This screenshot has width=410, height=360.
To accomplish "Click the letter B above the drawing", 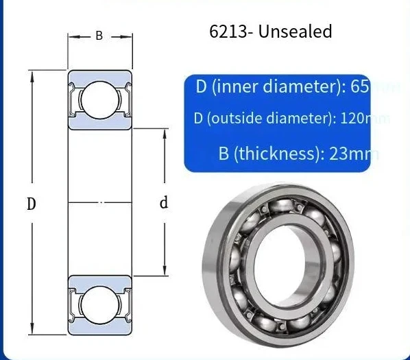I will tap(99, 36).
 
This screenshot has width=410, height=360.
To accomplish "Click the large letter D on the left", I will tap(32, 204).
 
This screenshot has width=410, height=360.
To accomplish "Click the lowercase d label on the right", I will tap(164, 203).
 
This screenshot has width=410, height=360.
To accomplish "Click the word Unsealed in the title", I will tap(300, 32).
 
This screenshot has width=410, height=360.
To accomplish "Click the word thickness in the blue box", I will tap(274, 153).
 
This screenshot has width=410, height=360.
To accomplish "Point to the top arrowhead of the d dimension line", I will tap(164, 132).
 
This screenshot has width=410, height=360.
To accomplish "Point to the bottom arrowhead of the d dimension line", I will tap(164, 274).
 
